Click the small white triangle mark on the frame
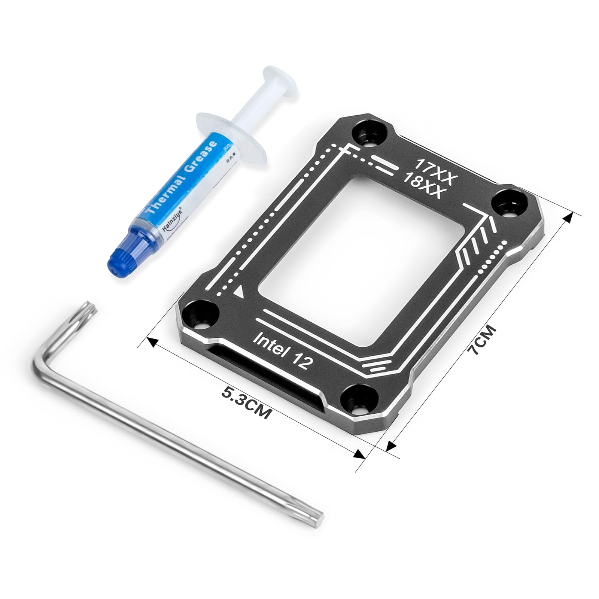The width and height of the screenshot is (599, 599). point(238,291)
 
